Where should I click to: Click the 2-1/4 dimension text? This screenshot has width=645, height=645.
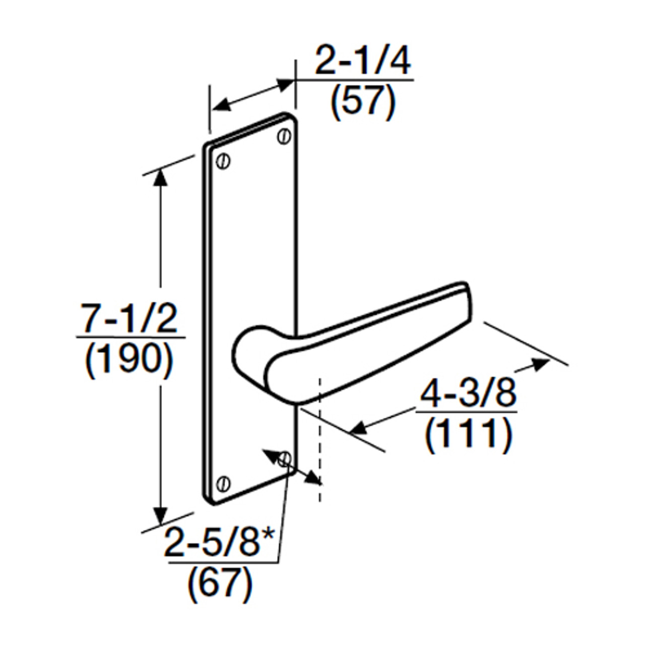(362, 61)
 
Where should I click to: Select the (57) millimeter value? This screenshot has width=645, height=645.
(363, 102)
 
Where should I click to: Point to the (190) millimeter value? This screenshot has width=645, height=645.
(130, 360)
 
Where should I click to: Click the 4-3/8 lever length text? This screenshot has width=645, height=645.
(468, 394)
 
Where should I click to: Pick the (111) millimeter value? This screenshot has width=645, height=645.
(468, 434)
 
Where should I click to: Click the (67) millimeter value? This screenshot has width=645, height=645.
(220, 584)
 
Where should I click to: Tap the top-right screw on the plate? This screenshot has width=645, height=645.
(284, 136)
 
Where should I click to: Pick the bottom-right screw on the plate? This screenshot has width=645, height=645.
(285, 458)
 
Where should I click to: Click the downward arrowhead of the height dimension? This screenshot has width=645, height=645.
(160, 517)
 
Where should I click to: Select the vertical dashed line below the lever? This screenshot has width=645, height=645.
(319, 438)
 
